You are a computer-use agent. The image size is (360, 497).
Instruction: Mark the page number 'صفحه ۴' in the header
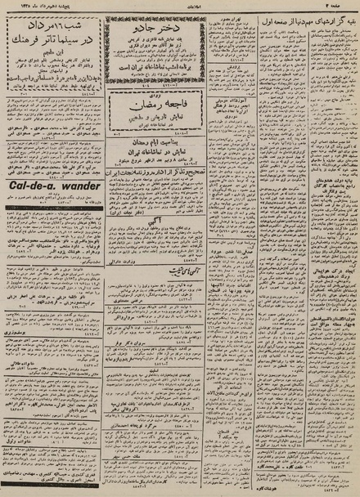[344, 5]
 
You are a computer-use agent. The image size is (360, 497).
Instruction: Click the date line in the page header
[33, 5]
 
